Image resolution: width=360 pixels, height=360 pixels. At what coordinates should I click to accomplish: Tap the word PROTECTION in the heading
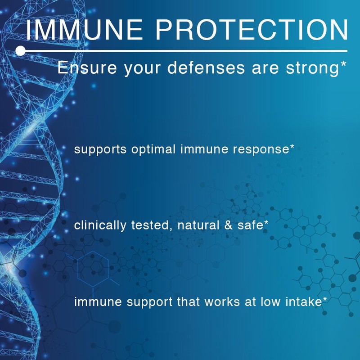249,30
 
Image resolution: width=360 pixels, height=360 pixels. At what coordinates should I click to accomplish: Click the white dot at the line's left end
20,51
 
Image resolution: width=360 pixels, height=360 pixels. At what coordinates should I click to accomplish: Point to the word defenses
199,68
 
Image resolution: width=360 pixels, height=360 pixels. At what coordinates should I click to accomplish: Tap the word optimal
155,150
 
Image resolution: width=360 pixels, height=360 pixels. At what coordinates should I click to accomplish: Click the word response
263,150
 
